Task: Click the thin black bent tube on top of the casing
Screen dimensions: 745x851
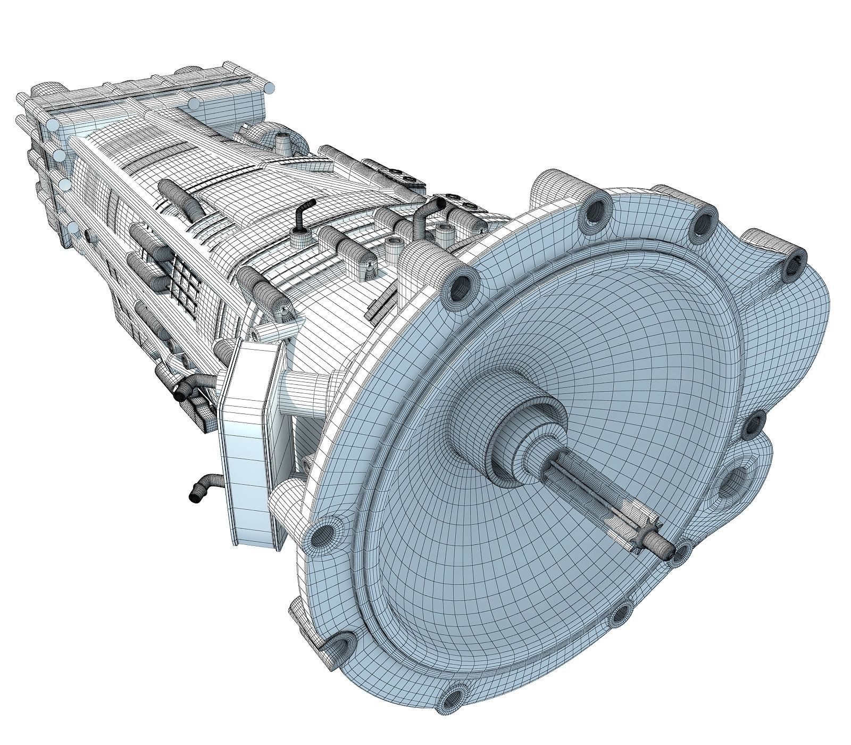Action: [x=304, y=213]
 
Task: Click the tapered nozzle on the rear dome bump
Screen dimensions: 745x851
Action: [x=282, y=140]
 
